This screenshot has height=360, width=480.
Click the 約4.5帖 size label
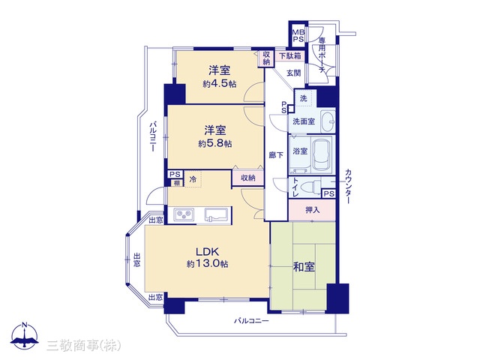point(219,84)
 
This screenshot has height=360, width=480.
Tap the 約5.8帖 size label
point(215,143)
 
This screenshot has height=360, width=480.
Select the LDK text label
point(207,252)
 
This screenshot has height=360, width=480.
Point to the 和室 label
point(304,267)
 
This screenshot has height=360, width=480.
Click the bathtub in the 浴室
point(322,154)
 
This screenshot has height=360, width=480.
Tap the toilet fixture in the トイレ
point(311,186)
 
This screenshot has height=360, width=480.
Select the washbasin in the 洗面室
point(328,121)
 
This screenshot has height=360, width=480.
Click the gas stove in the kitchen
point(184,214)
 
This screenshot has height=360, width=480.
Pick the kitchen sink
point(216,214)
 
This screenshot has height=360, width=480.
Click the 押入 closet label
point(312,210)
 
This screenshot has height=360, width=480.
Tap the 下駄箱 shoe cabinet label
point(290,56)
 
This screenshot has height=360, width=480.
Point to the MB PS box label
point(298,36)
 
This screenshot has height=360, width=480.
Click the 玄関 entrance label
point(294,73)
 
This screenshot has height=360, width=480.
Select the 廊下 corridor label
point(276,155)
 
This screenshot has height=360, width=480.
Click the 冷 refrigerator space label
point(193,179)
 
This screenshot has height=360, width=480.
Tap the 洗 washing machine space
point(303,98)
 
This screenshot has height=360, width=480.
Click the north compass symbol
point(25,336)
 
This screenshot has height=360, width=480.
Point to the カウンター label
point(348,186)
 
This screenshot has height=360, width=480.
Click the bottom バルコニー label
point(251,321)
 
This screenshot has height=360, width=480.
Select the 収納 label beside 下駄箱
point(267,58)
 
